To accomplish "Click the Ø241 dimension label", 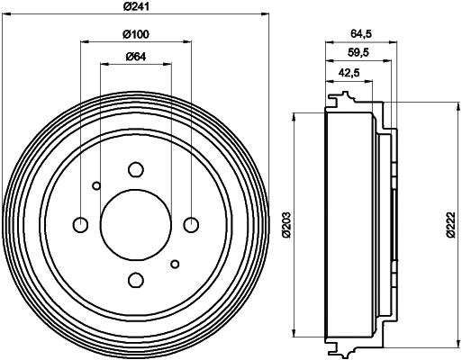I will pos(135,7).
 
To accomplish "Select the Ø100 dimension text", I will pos(135,34).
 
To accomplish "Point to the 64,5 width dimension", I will pos(360,34).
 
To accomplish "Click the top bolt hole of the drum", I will pos(135,169).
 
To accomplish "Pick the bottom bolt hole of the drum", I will pos(135,279).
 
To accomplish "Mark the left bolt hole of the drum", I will pos(80,224).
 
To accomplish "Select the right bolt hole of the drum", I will pos(190,224).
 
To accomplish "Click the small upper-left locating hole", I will pos(96,186).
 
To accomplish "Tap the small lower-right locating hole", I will pos(175,263).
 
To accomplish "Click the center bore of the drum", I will pos(135,224).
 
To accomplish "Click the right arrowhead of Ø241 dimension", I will pos(267,14).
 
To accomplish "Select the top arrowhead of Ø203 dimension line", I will pos(294,115).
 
